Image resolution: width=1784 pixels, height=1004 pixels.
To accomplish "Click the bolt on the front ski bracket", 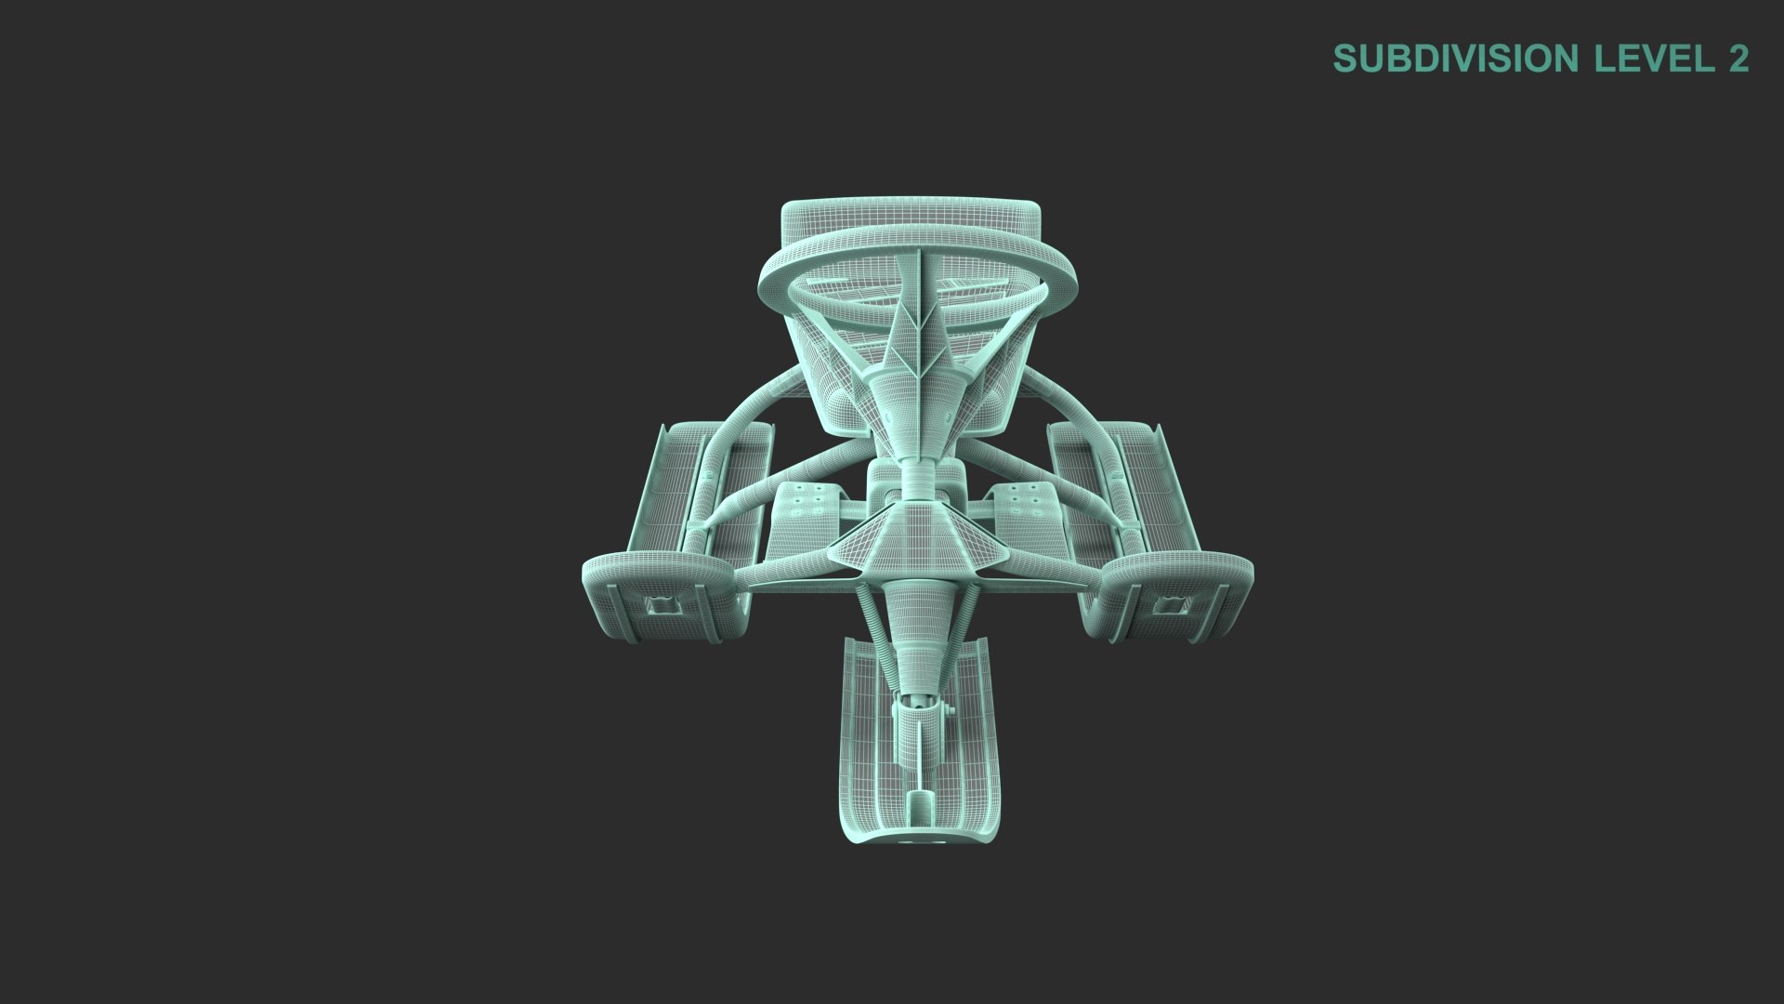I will coord(948,711).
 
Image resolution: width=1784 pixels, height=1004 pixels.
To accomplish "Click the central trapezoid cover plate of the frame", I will coord(915,539).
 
